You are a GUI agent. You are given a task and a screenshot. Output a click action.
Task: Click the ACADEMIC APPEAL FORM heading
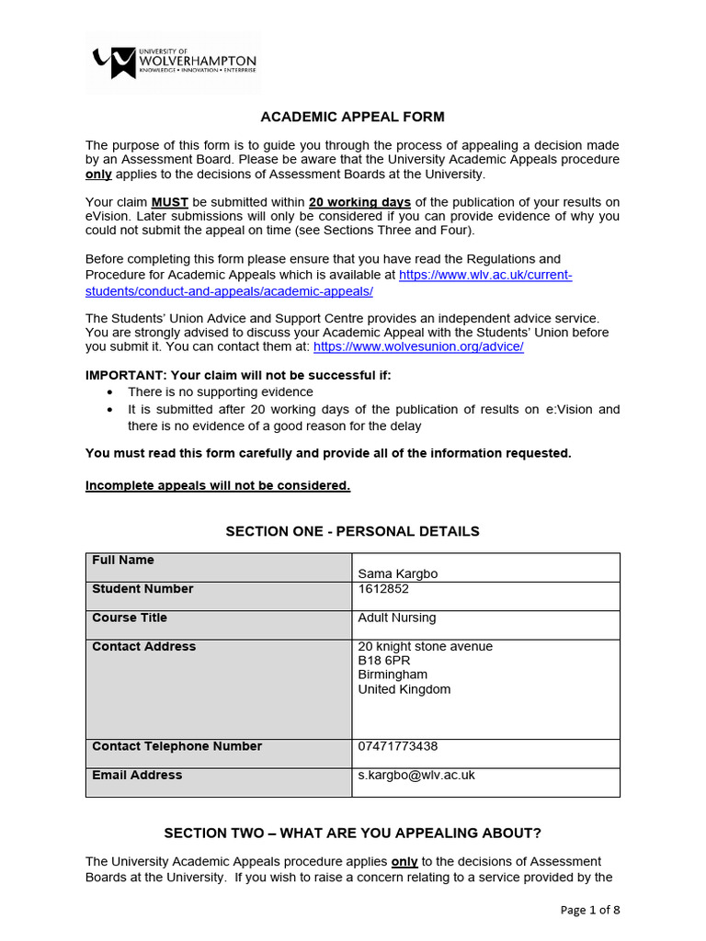[x=352, y=117]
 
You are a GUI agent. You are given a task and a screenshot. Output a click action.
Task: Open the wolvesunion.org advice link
[x=418, y=346]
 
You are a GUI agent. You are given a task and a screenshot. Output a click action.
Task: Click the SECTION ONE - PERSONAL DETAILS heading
[x=352, y=531]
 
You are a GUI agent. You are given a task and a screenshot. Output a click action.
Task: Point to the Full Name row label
[x=123, y=561]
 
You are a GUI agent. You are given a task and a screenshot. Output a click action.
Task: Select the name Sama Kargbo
[x=397, y=574]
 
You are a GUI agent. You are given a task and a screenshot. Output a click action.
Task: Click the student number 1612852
[x=383, y=589]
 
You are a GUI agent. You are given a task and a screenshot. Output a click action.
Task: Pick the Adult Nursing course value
[x=396, y=618]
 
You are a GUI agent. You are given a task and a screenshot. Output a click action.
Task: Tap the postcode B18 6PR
[x=383, y=661]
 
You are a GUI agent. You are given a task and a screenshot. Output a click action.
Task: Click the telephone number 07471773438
[x=397, y=746]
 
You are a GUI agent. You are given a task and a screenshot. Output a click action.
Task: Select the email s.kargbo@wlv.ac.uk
[x=416, y=775]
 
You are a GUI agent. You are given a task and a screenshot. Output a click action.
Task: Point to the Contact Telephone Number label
[x=176, y=746]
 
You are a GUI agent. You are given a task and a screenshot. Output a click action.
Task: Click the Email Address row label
[x=137, y=775]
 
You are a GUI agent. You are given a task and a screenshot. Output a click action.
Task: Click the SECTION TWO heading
[x=352, y=833]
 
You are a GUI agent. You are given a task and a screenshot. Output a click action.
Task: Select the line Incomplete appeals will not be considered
[x=218, y=485]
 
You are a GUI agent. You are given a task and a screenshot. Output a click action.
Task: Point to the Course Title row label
[x=130, y=618]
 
